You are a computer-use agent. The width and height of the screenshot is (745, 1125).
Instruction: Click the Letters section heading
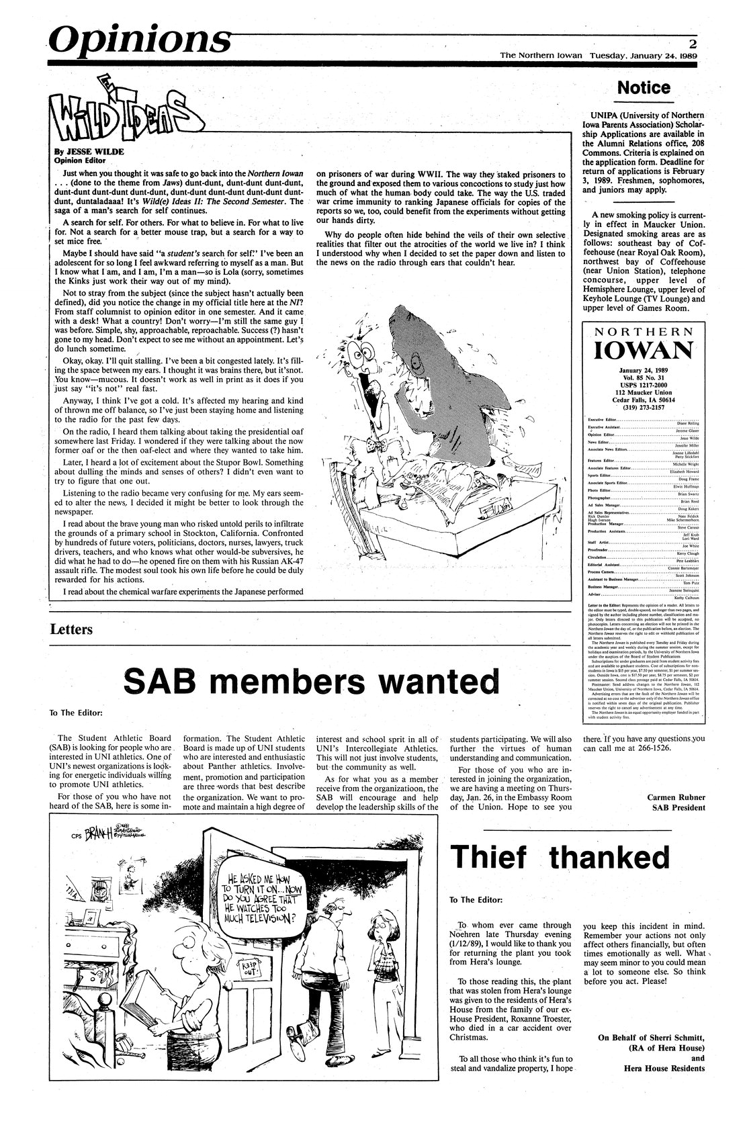pyautogui.click(x=71, y=630)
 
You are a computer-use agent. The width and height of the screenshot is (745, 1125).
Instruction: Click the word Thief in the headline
pyautogui.click(x=494, y=858)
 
